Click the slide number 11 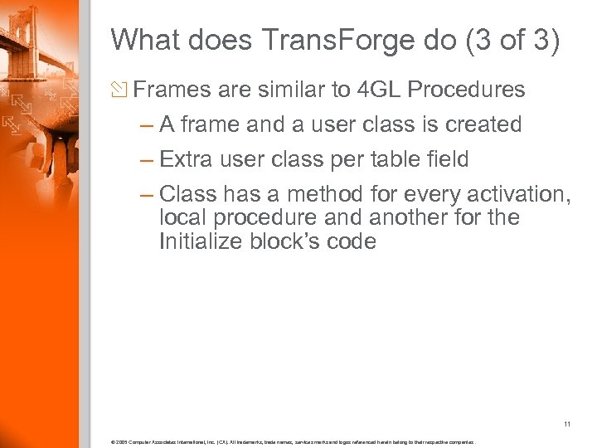pos(567,425)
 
